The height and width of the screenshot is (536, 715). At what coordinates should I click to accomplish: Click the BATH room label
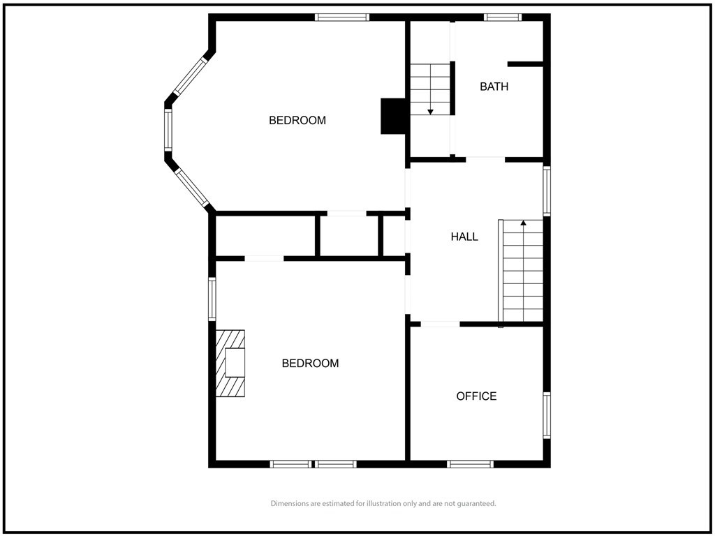[494, 86]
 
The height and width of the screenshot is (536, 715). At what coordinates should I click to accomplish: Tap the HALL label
[464, 237]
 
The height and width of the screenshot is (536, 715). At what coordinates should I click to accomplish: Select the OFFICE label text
[476, 396]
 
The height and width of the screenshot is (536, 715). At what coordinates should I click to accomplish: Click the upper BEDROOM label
[297, 120]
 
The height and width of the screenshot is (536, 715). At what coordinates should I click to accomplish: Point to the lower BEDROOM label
[310, 363]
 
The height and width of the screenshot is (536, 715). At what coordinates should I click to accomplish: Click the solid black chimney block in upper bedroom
[392, 117]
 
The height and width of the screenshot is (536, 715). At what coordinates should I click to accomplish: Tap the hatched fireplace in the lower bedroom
[230, 363]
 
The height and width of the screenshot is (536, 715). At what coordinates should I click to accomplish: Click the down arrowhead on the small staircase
[430, 112]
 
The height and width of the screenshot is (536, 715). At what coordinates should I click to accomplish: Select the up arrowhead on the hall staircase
[524, 223]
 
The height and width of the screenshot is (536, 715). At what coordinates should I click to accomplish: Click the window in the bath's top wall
[502, 17]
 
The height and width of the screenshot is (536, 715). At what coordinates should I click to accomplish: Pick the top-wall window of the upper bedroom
[342, 17]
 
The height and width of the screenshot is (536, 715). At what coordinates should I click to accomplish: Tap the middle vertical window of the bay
[168, 130]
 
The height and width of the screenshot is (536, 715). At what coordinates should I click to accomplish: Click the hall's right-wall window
[547, 191]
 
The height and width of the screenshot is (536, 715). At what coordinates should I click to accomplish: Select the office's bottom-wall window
[470, 464]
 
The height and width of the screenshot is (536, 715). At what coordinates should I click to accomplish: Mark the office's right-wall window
[547, 415]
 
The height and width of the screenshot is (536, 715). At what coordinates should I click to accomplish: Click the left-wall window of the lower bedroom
[212, 299]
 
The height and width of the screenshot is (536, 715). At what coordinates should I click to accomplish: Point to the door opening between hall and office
[440, 324]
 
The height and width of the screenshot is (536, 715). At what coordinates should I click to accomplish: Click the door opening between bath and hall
[485, 160]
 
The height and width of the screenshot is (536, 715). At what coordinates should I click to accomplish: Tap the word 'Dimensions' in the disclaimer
[290, 504]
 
